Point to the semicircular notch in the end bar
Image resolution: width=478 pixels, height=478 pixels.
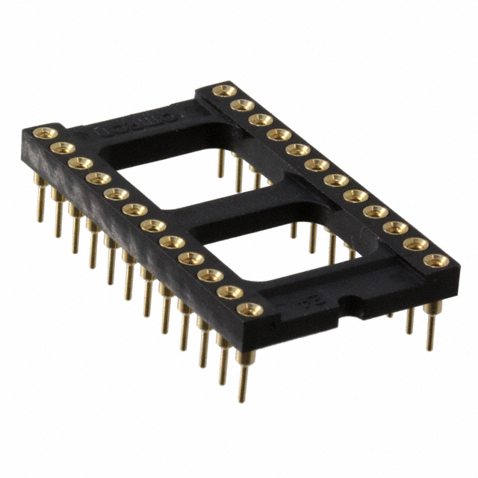click(346, 305)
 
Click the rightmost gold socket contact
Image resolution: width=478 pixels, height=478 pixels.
click(435, 260)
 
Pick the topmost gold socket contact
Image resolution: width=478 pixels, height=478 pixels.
click(223, 90)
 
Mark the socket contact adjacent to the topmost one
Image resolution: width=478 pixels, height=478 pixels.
click(241, 105)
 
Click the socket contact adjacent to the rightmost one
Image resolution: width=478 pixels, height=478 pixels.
click(415, 243)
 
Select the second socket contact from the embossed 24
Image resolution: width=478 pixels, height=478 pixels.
click(230, 291)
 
